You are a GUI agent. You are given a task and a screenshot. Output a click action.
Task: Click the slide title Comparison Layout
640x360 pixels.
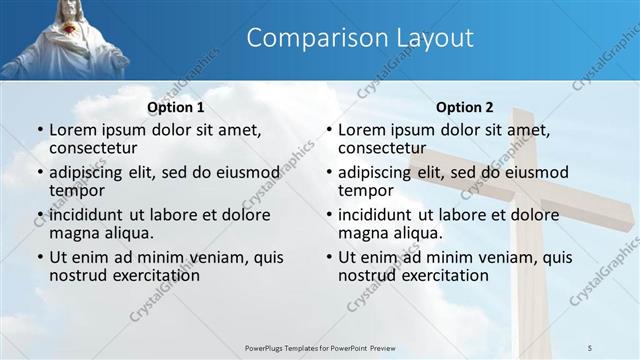(359, 39)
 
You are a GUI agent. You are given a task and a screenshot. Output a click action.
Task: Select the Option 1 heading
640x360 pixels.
(176, 107)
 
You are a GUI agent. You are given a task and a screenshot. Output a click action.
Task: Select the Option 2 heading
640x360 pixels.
(465, 107)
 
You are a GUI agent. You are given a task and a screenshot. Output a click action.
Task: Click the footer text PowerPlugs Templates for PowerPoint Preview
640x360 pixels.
(319, 347)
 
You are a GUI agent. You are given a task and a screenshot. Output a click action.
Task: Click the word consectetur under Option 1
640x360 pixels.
(97, 148)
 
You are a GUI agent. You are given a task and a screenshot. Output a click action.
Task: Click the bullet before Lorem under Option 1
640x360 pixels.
(39, 130)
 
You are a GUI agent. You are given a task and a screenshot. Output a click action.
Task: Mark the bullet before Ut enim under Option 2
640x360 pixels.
(328, 257)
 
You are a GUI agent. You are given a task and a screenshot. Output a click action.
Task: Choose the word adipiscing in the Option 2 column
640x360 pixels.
(376, 172)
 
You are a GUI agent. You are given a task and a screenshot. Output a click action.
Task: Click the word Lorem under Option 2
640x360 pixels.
(362, 129)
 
